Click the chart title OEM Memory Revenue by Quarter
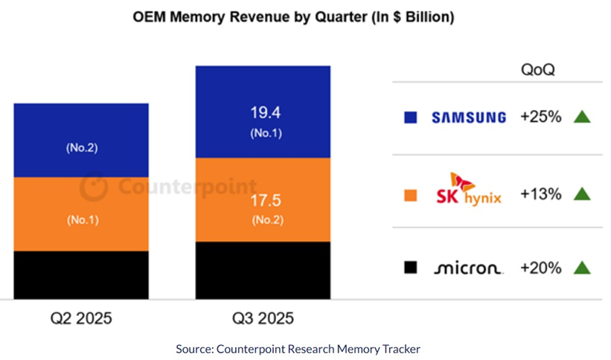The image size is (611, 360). [293, 16]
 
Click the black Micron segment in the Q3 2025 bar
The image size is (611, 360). [263, 269]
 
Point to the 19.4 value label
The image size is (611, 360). [263, 113]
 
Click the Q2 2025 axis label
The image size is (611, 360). [81, 319]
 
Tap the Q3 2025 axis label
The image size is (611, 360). [263, 319]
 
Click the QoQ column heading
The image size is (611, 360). [537, 71]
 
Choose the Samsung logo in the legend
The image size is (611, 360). [469, 118]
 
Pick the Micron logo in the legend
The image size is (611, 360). [467, 268]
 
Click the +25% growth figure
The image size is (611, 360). [541, 118]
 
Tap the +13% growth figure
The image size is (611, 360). [541, 194]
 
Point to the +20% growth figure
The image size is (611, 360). [541, 268]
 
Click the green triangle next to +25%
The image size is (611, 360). [582, 117]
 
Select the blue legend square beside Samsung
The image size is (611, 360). [410, 118]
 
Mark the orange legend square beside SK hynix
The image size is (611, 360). [410, 195]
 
